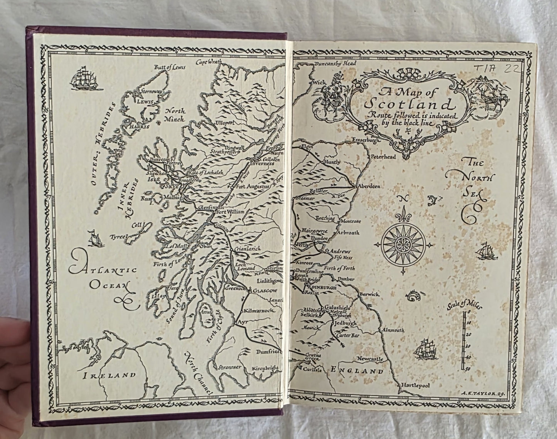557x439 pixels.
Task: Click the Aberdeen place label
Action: (369, 186)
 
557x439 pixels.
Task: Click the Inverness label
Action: (262, 163)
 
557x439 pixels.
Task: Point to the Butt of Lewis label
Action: (170, 67)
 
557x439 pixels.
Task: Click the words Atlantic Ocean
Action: (103, 277)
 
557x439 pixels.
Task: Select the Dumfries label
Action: (267, 352)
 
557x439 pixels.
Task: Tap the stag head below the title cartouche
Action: (406, 149)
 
